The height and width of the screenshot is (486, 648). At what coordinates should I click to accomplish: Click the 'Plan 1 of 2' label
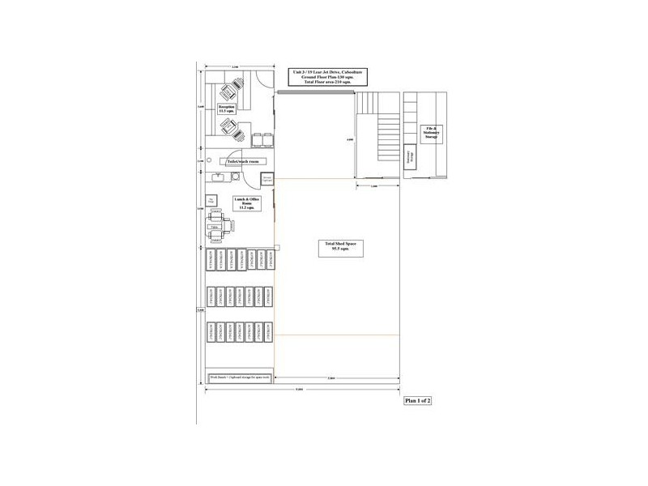418,400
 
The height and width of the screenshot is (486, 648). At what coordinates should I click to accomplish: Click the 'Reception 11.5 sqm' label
227,108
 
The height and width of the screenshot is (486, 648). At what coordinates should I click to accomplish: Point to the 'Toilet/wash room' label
243,162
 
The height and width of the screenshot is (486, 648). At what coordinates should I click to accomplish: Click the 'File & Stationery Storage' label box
431,132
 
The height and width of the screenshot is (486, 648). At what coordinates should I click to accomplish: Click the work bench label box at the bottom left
241,377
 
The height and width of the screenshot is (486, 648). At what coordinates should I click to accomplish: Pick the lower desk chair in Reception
230,126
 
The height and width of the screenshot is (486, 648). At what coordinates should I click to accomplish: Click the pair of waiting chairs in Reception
262,140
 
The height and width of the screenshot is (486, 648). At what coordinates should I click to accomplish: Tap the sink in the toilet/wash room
218,176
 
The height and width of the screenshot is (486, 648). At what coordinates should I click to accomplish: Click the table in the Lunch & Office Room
215,227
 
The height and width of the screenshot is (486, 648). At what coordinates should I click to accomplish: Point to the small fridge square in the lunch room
213,199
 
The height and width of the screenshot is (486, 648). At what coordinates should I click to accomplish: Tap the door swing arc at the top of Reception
258,80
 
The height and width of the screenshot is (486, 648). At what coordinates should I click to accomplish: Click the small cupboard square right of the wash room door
267,177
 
